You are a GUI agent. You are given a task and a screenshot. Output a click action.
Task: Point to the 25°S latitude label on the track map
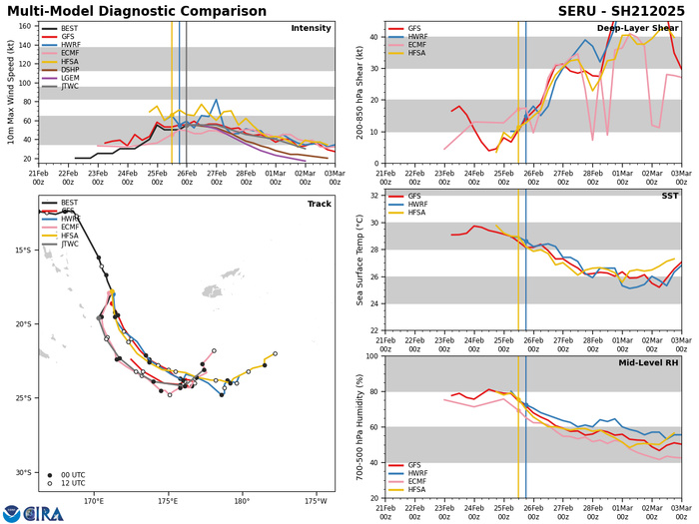[24, 398]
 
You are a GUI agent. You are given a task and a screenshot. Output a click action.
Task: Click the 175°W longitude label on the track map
[316, 500]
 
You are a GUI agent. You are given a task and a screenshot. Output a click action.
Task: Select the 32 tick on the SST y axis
[373, 195]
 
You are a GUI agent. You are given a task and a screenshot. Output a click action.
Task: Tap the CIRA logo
[33, 513]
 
